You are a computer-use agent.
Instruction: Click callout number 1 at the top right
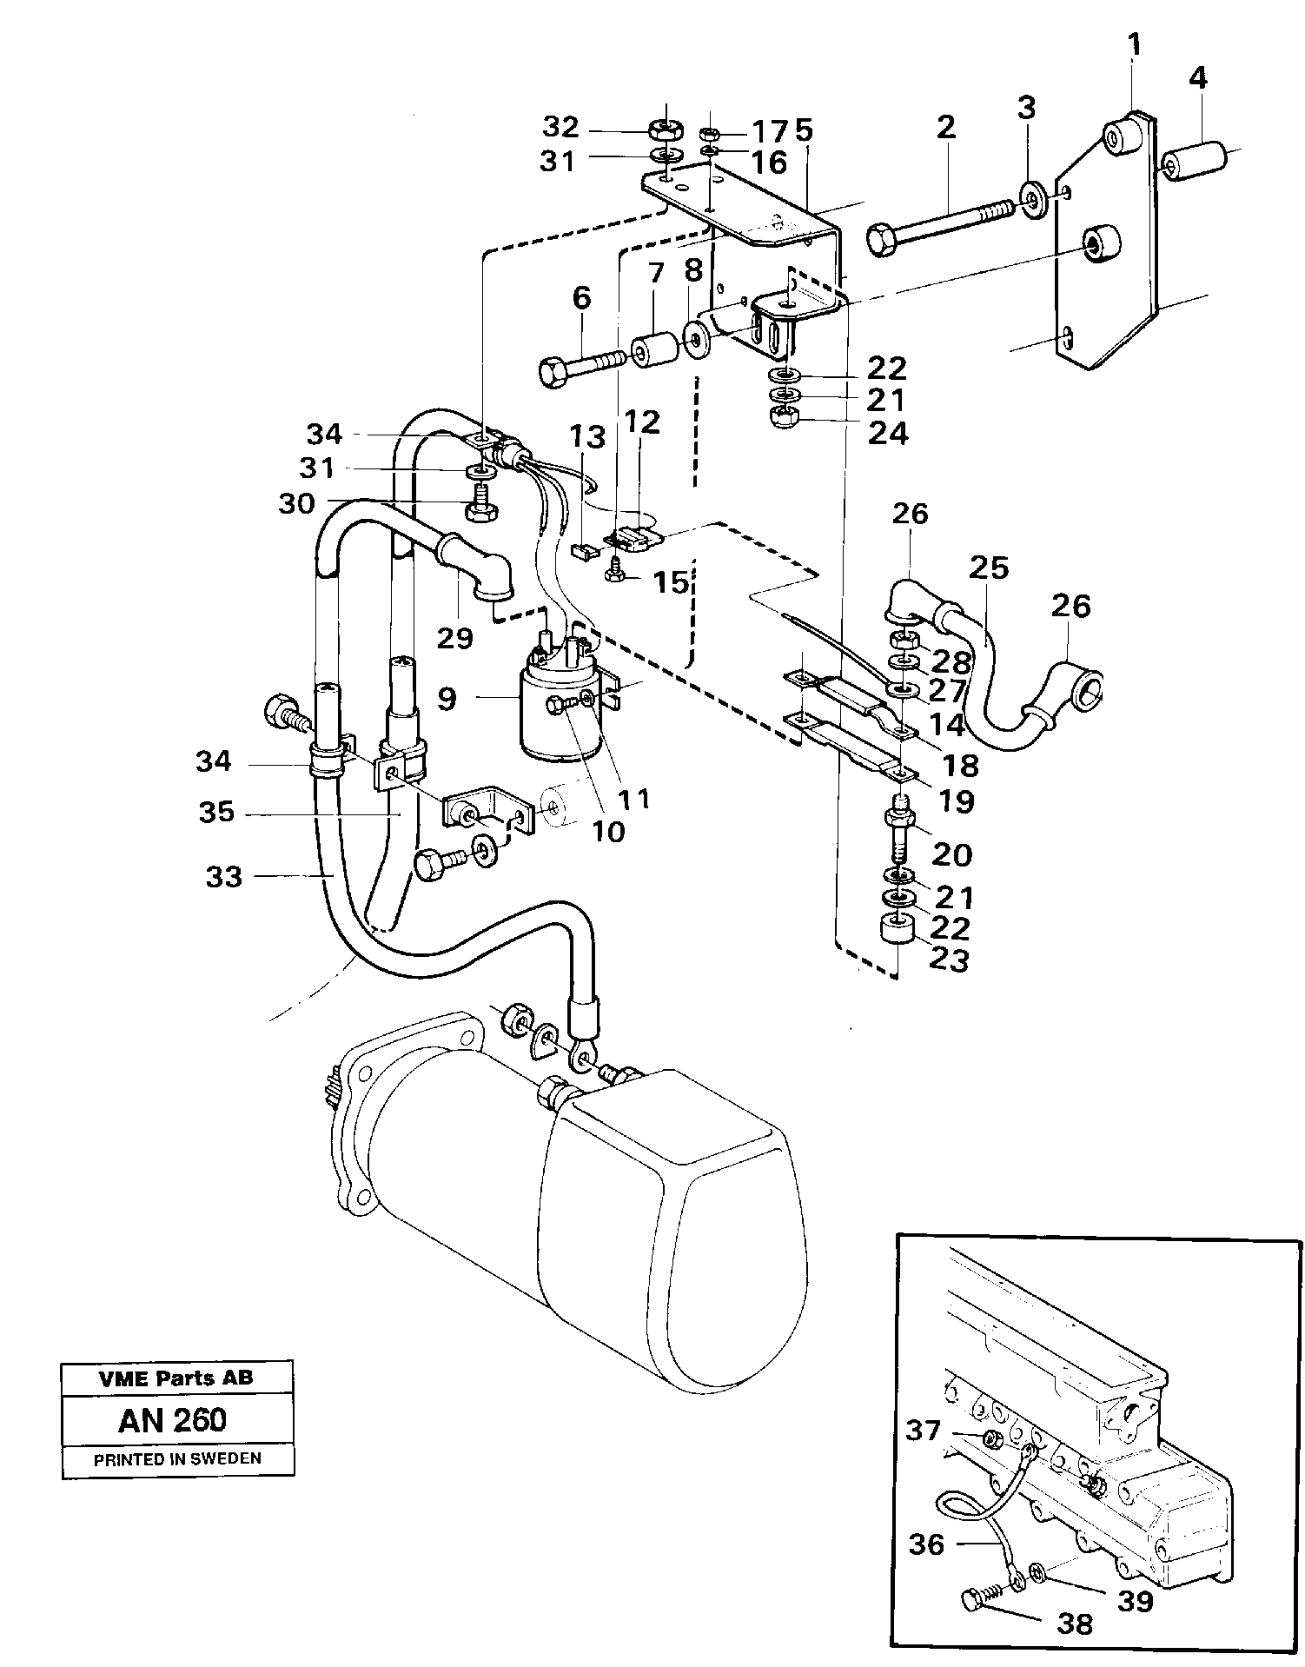pos(1134,43)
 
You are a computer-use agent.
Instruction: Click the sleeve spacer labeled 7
pos(654,352)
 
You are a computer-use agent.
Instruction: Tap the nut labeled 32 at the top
pos(666,131)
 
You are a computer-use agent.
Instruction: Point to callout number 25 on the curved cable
pos(989,568)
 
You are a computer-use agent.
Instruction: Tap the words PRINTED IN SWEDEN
pos(177,1459)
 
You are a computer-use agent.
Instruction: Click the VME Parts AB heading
pos(177,1379)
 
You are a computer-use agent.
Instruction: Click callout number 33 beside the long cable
pos(223,877)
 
